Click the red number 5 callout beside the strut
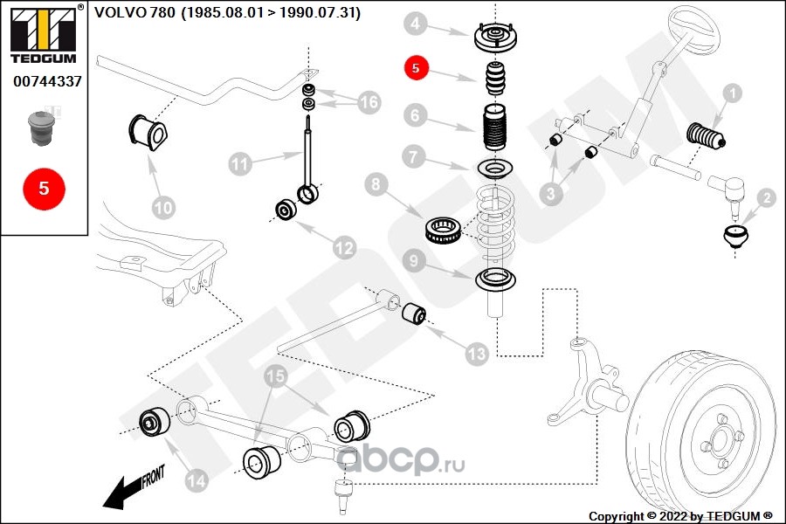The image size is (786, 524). pyautogui.click(x=416, y=68)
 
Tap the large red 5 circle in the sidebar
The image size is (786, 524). pyautogui.click(x=44, y=189)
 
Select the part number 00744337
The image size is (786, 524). pyautogui.click(x=47, y=81)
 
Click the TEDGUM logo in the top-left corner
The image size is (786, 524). pyautogui.click(x=44, y=33)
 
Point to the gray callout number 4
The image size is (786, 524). pyautogui.click(x=415, y=23)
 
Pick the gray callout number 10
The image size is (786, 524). pyautogui.click(x=163, y=207)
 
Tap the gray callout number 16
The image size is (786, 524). pyautogui.click(x=369, y=102)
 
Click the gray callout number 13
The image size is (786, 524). pyautogui.click(x=476, y=354)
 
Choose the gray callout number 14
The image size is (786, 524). pyautogui.click(x=196, y=480)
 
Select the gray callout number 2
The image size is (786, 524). pyautogui.click(x=767, y=198)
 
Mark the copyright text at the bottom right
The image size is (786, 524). pyautogui.click(x=680, y=516)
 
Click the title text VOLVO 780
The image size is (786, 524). pyautogui.click(x=134, y=12)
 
